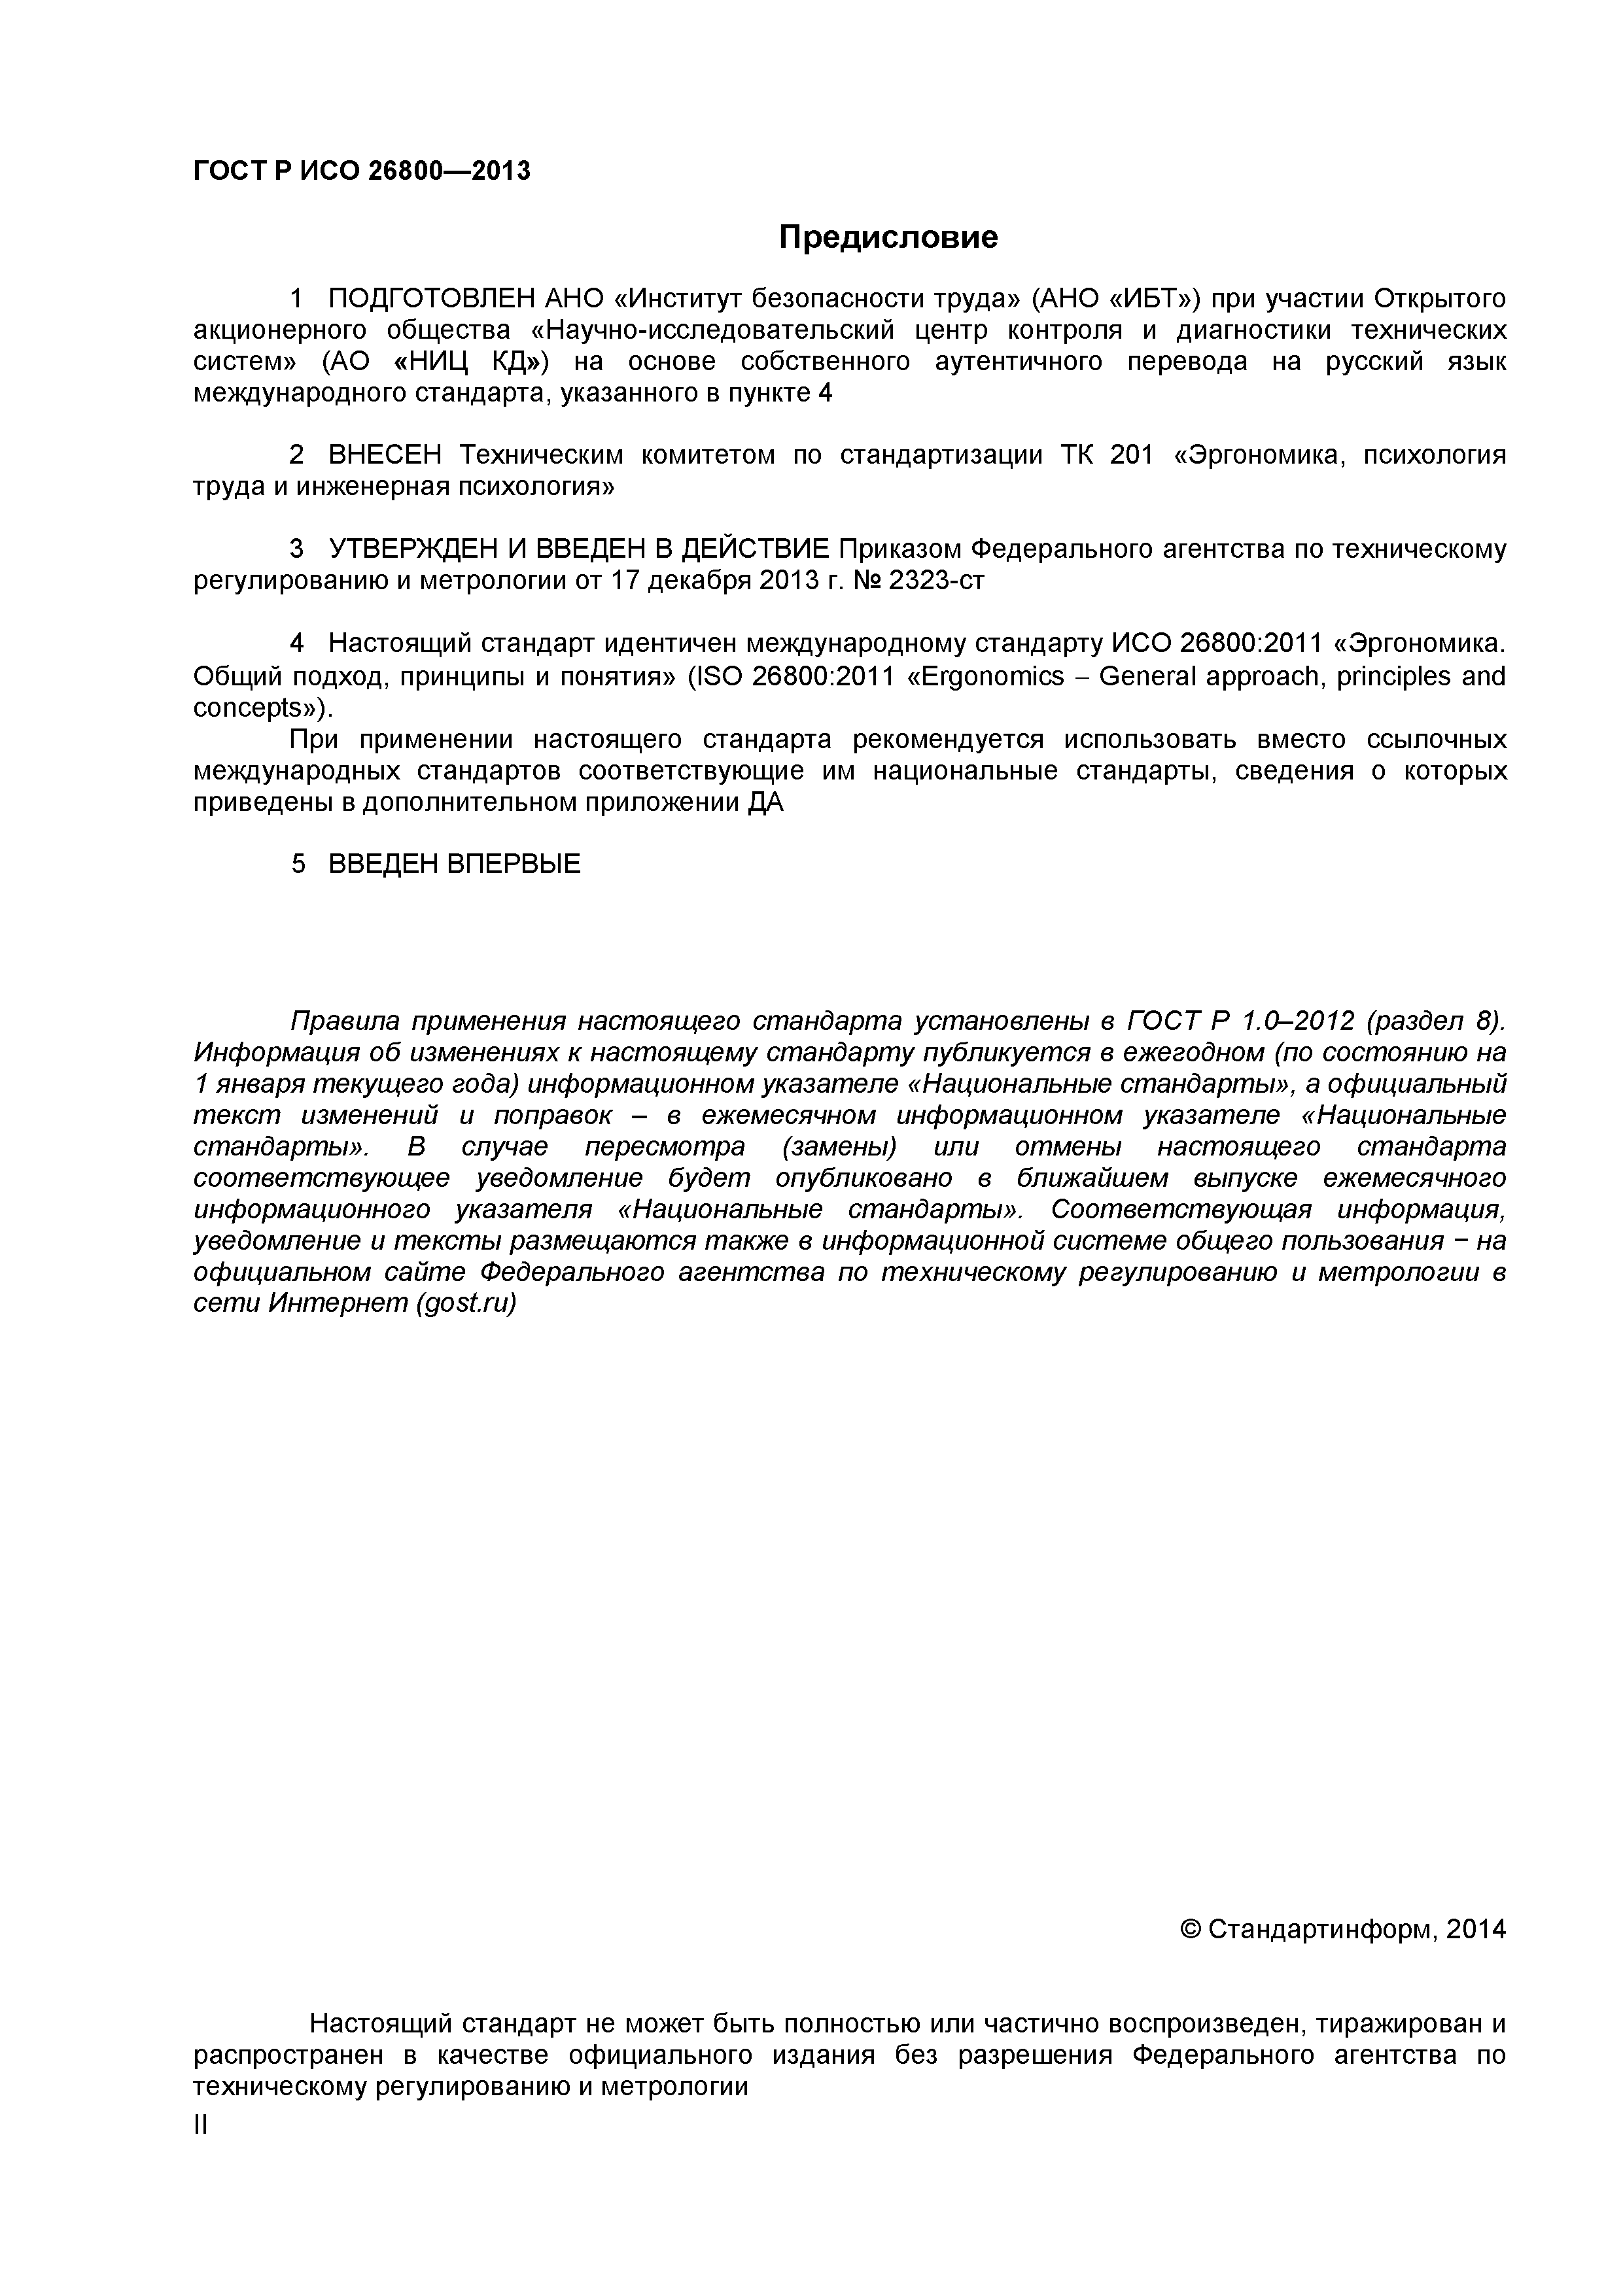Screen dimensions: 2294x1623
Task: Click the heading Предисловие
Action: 888,238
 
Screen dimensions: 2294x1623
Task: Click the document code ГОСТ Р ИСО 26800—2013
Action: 361,172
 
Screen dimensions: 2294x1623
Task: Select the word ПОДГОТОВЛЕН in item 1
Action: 432,299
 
